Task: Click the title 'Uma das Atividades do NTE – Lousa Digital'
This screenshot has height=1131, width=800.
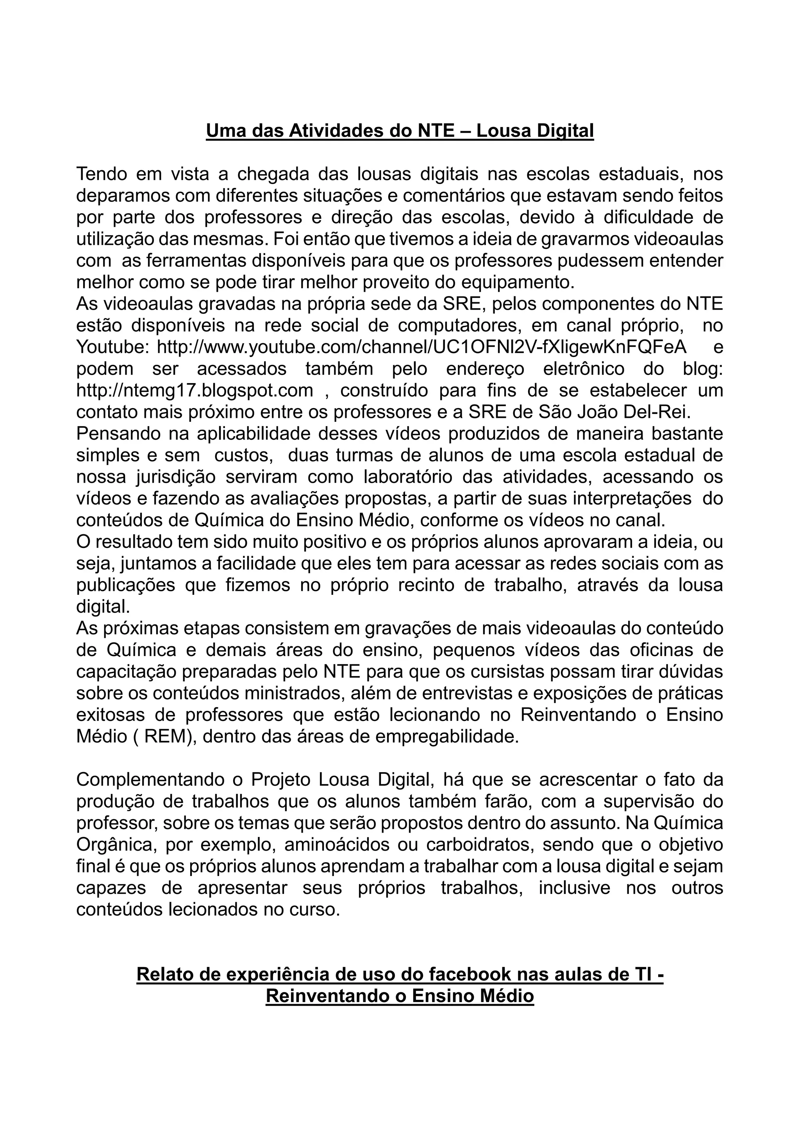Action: (x=400, y=131)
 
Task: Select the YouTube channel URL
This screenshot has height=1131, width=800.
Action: (x=421, y=347)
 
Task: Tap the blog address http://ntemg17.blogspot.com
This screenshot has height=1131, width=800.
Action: (x=195, y=390)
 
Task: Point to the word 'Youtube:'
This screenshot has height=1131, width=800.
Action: (x=112, y=347)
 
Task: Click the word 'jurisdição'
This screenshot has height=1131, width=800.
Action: (x=175, y=477)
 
